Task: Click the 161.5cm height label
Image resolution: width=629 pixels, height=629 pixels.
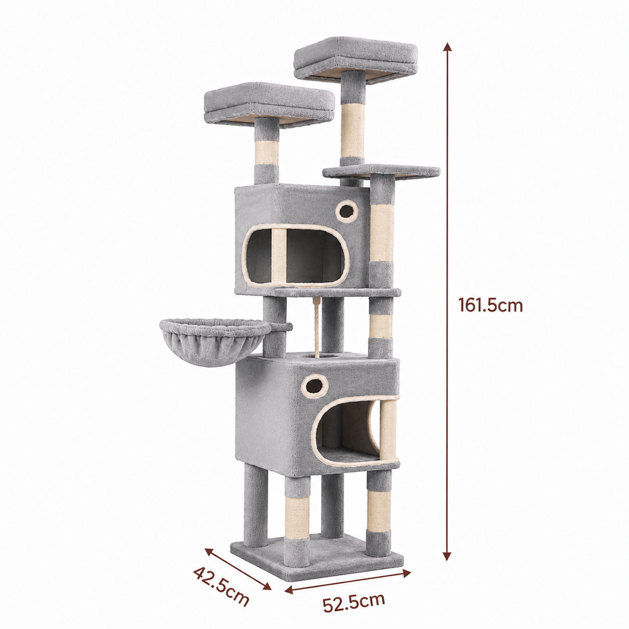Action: pos(490,305)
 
